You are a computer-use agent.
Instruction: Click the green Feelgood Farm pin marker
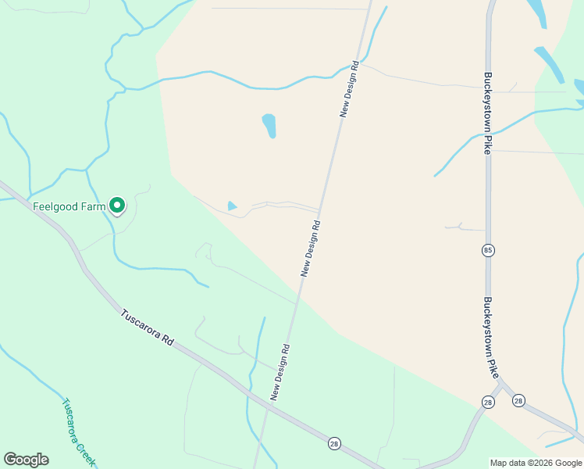click(x=117, y=205)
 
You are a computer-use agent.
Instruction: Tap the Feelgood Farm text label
click(x=69, y=207)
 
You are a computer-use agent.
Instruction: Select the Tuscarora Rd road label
click(x=148, y=328)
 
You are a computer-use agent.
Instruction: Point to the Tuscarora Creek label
click(x=79, y=432)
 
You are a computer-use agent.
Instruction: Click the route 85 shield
click(x=488, y=250)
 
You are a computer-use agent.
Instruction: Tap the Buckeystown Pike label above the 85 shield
click(x=487, y=114)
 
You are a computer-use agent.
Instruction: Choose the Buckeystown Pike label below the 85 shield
click(x=490, y=338)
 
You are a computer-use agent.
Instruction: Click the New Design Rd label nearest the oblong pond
click(x=349, y=89)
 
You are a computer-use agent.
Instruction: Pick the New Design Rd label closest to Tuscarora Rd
click(x=280, y=372)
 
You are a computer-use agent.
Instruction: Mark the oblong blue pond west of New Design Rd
click(x=269, y=125)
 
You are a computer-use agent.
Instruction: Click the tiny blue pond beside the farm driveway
click(x=232, y=206)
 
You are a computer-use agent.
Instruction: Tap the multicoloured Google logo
click(x=26, y=460)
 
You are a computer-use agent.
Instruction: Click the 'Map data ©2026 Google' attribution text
click(x=536, y=463)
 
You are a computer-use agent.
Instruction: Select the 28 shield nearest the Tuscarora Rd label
click(x=334, y=442)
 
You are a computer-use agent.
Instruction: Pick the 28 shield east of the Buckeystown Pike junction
click(x=518, y=401)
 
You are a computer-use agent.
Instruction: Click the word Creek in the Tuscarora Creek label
click(x=87, y=449)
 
